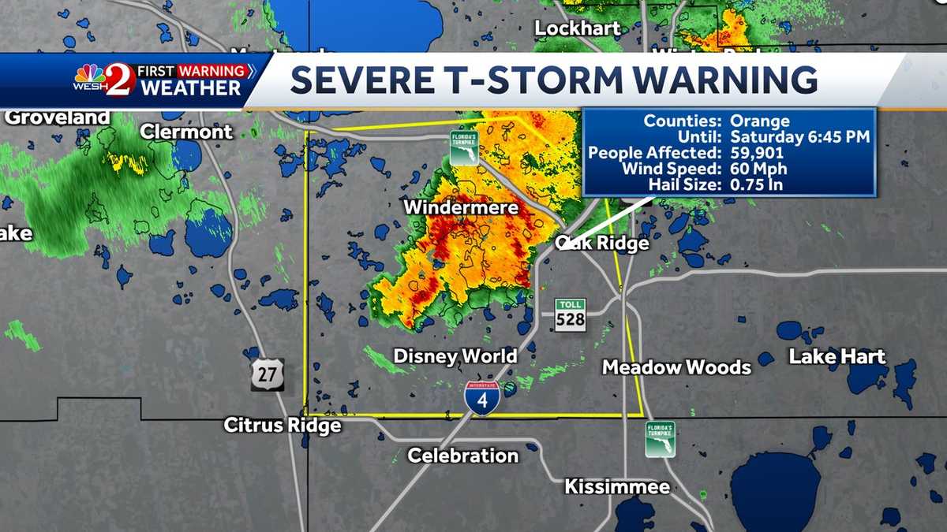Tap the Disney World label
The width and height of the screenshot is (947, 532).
[x=455, y=356]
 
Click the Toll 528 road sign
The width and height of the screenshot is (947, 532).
[x=570, y=314]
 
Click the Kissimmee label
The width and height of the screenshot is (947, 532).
[x=617, y=487]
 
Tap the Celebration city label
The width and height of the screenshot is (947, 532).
[x=463, y=456]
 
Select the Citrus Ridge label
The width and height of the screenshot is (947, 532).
[x=283, y=426]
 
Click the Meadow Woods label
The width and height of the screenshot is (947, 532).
[x=676, y=367]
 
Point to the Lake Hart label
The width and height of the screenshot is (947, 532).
[x=837, y=357]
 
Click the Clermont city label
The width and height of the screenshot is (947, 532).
[x=187, y=132]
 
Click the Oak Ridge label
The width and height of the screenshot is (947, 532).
[x=603, y=244]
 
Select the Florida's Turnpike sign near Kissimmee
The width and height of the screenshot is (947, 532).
[x=660, y=439]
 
